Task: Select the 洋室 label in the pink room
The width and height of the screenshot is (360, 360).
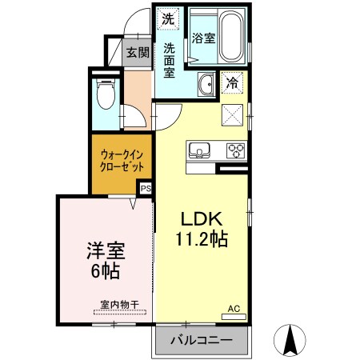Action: [104, 252]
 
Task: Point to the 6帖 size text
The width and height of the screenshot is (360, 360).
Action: [104, 271]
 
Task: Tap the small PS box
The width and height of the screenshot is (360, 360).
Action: [146, 188]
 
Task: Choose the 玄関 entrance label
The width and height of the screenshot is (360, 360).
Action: [138, 54]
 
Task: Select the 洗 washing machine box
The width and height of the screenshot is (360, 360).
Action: [167, 18]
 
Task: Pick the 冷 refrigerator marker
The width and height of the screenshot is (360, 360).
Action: [232, 81]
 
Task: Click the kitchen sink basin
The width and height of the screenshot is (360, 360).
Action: [199, 149]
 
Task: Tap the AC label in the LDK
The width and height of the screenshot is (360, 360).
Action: [234, 308]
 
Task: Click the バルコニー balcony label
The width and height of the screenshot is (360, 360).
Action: [202, 342]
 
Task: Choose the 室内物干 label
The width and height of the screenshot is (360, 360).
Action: [120, 304]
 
